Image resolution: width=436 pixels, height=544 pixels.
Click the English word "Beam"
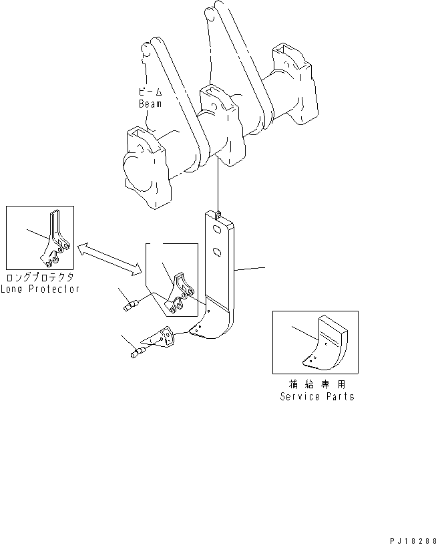tap(150, 104)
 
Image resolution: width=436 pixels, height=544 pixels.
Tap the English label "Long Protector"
tap(40, 289)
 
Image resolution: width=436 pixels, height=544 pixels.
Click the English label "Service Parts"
tap(316, 396)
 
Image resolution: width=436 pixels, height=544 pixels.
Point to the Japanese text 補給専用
tap(316, 386)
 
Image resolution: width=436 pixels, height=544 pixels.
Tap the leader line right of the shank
tap(250, 270)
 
